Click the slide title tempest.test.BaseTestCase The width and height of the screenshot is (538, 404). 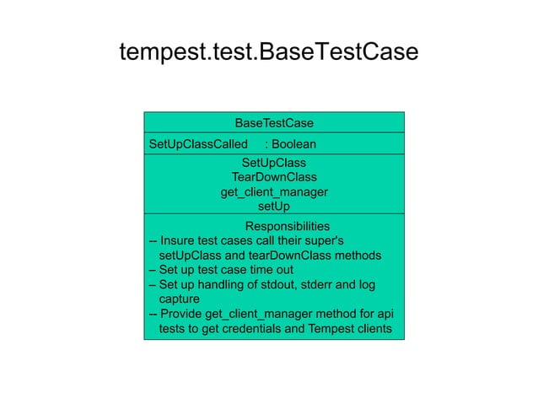[268, 52]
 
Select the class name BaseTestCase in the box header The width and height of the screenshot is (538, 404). [274, 123]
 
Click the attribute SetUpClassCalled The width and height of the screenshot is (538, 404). [198, 144]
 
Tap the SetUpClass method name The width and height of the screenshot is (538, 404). [274, 163]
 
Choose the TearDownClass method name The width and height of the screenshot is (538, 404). [274, 177]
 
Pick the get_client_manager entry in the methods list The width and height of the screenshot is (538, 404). [274, 191]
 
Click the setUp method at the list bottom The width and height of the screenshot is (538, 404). [274, 206]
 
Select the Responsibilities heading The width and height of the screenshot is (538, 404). [287, 226]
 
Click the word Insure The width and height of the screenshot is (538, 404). [179, 241]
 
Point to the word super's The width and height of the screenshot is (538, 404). [334, 241]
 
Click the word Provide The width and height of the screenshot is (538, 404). [182, 314]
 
